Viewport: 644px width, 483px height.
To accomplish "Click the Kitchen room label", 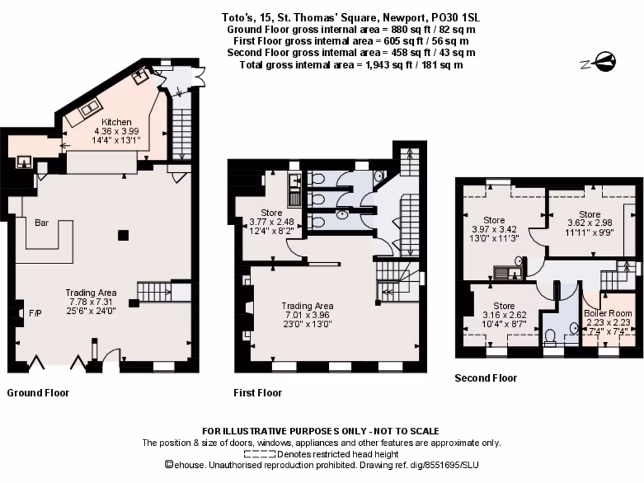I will (x=117, y=122).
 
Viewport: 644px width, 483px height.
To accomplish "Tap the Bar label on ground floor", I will (x=42, y=223).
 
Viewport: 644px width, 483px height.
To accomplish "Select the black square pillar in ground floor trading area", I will (x=124, y=235).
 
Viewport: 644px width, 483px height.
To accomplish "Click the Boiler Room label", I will (x=607, y=313).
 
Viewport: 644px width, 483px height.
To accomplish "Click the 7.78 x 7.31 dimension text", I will (x=91, y=303).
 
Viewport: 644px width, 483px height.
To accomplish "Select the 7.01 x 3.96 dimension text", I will (x=307, y=315).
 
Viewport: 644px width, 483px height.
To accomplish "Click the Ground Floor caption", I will (x=38, y=393).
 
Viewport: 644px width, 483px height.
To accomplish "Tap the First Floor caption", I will (x=257, y=393).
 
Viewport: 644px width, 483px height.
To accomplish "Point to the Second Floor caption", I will (x=486, y=378).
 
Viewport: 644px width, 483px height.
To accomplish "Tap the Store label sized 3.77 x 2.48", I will (x=271, y=213).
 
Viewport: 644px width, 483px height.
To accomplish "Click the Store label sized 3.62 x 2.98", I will (x=589, y=214).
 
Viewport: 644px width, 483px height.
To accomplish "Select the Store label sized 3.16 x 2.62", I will (x=504, y=306).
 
